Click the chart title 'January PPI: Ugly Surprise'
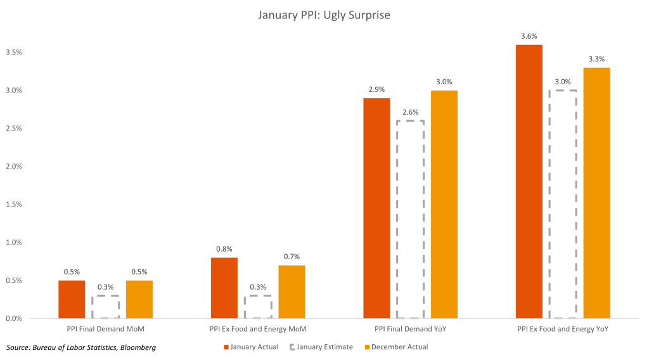pyautogui.click(x=324, y=14)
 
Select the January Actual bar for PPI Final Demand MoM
pyautogui.click(x=72, y=299)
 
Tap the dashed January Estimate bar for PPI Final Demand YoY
pyautogui.click(x=410, y=219)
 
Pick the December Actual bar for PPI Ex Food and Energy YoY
pyautogui.click(x=596, y=193)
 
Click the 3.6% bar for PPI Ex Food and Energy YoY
pyautogui.click(x=529, y=181)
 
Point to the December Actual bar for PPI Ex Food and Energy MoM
pyautogui.click(x=292, y=292)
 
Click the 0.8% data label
pyautogui.click(x=224, y=249)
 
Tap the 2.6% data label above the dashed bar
pyautogui.click(x=410, y=112)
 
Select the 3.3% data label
pyautogui.click(x=596, y=59)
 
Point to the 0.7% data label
pyautogui.click(x=292, y=257)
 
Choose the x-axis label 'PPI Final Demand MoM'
pyautogui.click(x=105, y=330)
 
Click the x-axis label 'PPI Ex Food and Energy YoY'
pyautogui.click(x=563, y=330)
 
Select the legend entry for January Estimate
pyautogui.click(x=323, y=347)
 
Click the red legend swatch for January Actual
pyautogui.click(x=225, y=347)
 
